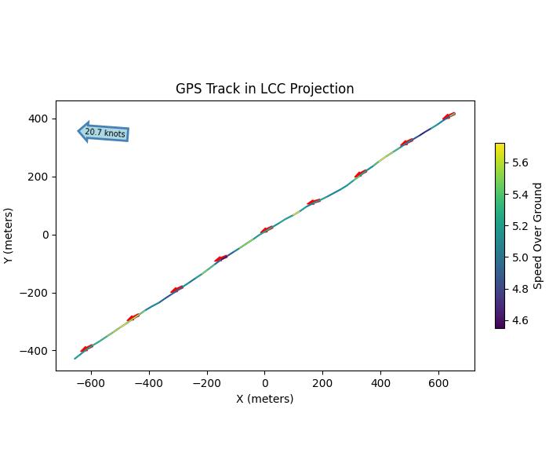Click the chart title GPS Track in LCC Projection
[264, 89]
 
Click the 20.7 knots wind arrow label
[104, 133]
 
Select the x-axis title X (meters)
[264, 399]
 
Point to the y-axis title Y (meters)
[9, 235]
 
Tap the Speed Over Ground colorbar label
[538, 235]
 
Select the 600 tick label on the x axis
[438, 383]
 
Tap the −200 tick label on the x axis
[206, 383]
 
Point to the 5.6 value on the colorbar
[520, 162]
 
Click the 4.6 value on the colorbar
[520, 320]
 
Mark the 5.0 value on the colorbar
[520, 257]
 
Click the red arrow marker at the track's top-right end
[448, 116]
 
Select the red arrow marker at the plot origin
[267, 230]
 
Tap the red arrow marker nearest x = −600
[86, 348]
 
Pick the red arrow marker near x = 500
[406, 143]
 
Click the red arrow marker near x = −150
[221, 258]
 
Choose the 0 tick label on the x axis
[264, 383]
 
